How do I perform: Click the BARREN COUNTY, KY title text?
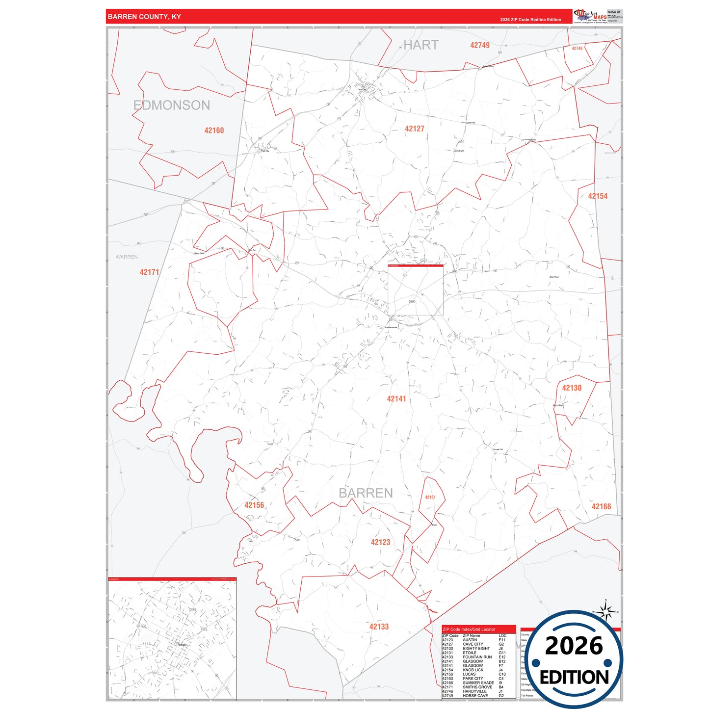(144, 17)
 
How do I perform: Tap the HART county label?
(420, 45)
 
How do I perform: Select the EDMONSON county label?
(172, 105)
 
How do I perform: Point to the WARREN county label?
(127, 257)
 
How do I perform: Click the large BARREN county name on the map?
(366, 493)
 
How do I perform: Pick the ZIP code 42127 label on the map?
(415, 129)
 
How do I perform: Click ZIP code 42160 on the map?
(214, 131)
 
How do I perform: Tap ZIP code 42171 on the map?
(149, 272)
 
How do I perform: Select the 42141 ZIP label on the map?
(396, 399)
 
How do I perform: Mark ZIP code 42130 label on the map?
(572, 388)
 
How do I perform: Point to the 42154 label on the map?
(598, 196)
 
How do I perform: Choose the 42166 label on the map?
(601, 507)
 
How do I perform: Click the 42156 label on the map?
(254, 505)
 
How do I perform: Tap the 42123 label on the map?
(380, 542)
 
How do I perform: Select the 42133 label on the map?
(379, 627)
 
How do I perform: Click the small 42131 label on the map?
(430, 497)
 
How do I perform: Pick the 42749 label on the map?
(479, 45)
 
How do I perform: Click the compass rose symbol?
(606, 612)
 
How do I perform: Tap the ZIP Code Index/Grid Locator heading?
(469, 629)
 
